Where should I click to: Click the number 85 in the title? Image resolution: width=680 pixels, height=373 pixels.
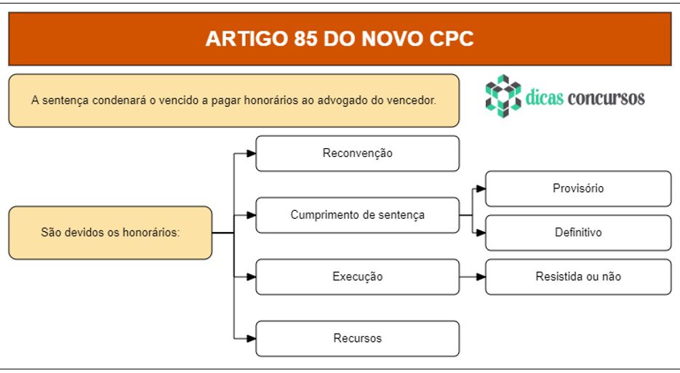(x=305, y=39)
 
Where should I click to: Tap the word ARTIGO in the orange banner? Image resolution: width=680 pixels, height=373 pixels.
(x=247, y=39)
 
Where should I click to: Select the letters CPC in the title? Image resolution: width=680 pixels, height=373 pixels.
(x=452, y=39)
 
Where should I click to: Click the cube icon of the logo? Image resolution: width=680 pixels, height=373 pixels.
(x=503, y=96)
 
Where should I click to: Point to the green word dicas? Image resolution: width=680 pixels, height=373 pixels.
(x=545, y=97)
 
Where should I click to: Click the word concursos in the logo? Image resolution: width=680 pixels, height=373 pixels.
(x=607, y=98)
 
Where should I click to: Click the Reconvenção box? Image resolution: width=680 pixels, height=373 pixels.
(x=357, y=153)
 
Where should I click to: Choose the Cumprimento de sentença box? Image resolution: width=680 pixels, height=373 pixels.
(x=357, y=215)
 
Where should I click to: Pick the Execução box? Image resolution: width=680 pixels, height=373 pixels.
(x=357, y=277)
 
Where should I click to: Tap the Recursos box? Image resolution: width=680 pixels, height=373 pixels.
(x=357, y=338)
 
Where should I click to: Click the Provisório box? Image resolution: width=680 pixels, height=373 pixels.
(x=578, y=188)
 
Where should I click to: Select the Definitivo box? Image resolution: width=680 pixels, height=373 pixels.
(x=578, y=233)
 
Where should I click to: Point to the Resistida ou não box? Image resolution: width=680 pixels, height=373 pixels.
(x=578, y=277)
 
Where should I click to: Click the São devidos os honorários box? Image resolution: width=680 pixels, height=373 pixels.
(x=110, y=233)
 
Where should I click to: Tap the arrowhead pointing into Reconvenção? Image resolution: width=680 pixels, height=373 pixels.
(x=251, y=153)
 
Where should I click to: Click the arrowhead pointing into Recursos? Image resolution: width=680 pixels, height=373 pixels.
(x=251, y=338)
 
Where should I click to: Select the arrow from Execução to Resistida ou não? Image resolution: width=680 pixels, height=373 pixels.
(x=472, y=277)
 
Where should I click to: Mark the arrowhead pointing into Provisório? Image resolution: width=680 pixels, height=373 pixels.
(x=481, y=188)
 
